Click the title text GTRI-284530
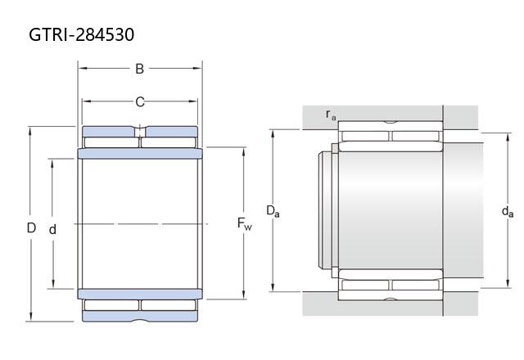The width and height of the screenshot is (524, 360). click(82, 34)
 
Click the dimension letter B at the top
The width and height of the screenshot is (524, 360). click(139, 69)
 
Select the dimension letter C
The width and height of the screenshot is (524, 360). click(140, 101)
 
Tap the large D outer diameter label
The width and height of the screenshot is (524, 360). click(31, 227)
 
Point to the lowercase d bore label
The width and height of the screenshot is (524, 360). click(52, 229)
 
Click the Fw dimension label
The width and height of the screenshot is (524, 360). click(244, 223)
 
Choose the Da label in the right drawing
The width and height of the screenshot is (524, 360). click(273, 211)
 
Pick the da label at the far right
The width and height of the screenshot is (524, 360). click(508, 212)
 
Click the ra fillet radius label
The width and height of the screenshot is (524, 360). click(331, 115)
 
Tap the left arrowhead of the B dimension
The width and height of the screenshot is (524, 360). click(83, 69)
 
